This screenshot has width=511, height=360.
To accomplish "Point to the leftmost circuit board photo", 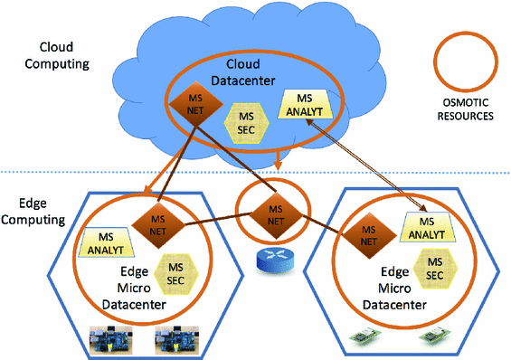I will click(x=109, y=339).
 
